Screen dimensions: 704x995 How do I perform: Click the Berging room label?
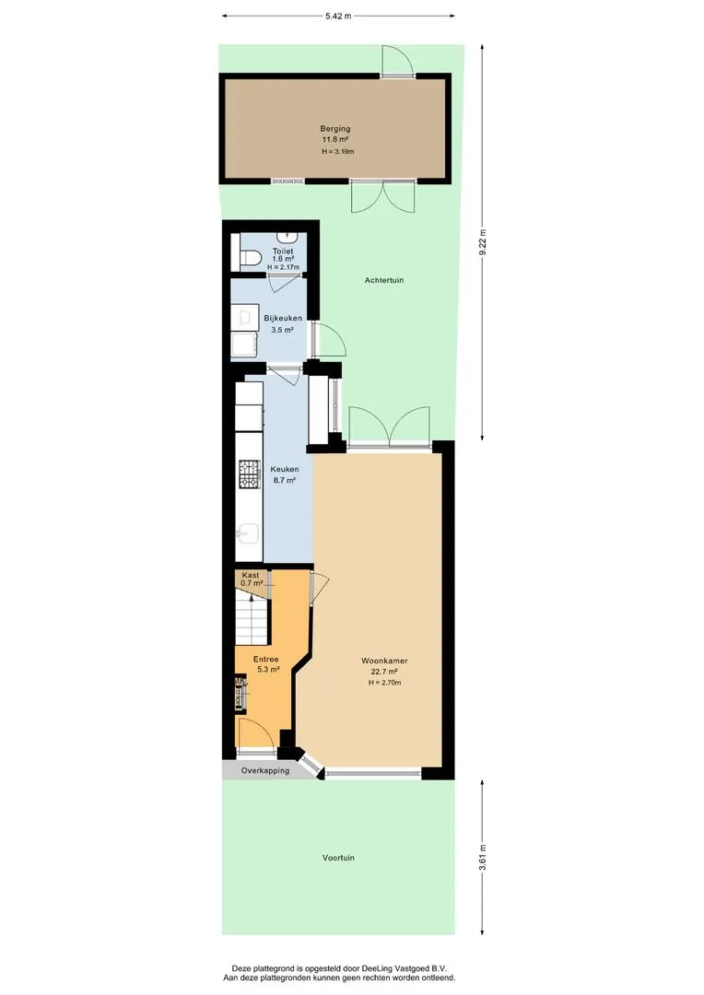pyautogui.click(x=335, y=129)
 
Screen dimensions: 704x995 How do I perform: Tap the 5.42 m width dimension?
pyautogui.click(x=338, y=17)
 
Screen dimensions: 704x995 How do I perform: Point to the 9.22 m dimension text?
pyautogui.click(x=482, y=242)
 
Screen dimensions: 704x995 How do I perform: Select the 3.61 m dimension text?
pyautogui.click(x=482, y=858)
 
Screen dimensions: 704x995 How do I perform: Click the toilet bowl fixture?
pyautogui.click(x=251, y=258)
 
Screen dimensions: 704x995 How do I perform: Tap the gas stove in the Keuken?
pyautogui.click(x=250, y=474)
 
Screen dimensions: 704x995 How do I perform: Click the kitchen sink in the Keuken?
pyautogui.click(x=248, y=534)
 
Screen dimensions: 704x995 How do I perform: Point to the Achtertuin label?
pyautogui.click(x=384, y=280)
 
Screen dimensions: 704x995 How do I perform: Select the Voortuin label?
pyautogui.click(x=338, y=858)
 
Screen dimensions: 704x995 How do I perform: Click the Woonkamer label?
pyautogui.click(x=384, y=661)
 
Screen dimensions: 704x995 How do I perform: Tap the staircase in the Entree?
pyautogui.click(x=252, y=616)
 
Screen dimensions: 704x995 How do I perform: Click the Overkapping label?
pyautogui.click(x=265, y=770)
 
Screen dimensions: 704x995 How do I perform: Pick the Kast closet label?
pyautogui.click(x=251, y=575)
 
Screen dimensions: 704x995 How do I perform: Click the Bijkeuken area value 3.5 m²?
pyautogui.click(x=283, y=330)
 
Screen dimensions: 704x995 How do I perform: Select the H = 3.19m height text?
pyautogui.click(x=337, y=152)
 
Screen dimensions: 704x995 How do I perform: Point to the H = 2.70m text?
pyautogui.click(x=384, y=683)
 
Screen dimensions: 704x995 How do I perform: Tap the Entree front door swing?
pyautogui.click(x=256, y=736)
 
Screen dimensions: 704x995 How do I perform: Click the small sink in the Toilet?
pyautogui.click(x=288, y=237)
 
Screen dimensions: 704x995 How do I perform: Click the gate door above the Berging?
pyautogui.click(x=397, y=61)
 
